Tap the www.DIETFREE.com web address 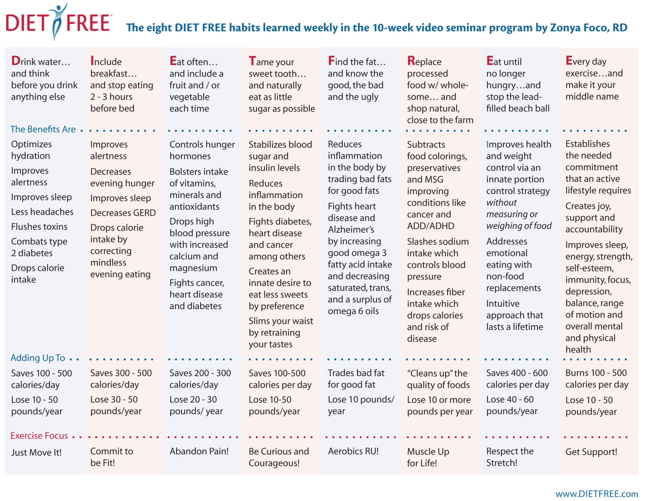click(597, 494)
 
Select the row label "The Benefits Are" click(43, 129)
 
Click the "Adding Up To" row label click(38, 358)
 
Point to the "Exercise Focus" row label click(39, 436)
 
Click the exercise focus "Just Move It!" click(36, 452)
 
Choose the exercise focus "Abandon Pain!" click(199, 451)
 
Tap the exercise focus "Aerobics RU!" click(353, 451)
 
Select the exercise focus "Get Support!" click(591, 452)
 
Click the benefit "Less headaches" click(42, 211)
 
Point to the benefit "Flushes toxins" click(39, 226)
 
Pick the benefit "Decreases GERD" click(123, 212)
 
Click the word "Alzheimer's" click(351, 229)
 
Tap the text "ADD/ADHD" click(431, 226)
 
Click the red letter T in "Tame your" click(252, 61)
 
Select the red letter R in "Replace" click(411, 61)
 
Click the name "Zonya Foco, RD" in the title click(589, 28)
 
